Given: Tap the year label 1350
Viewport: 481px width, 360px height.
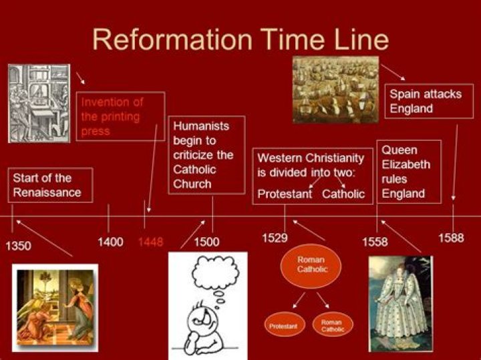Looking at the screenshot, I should click(18, 246).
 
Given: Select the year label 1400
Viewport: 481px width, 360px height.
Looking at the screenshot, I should click(110, 242).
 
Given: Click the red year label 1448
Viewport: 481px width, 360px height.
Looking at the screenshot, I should click(150, 242).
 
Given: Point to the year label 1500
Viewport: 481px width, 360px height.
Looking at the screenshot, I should click(206, 242).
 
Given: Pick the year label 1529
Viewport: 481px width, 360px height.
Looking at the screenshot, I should click(275, 237).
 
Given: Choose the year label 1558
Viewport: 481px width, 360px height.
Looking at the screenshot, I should click(375, 242).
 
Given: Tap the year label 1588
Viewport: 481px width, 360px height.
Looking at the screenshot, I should click(451, 238).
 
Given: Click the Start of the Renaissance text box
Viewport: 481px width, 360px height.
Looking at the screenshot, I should click(51, 185).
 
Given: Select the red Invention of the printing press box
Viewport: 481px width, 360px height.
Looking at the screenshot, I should click(120, 116).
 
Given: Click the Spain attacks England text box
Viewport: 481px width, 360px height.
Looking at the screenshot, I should click(428, 101).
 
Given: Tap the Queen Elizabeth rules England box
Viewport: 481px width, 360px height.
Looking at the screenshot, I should click(408, 172).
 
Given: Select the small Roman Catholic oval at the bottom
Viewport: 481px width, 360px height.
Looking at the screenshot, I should click(331, 325).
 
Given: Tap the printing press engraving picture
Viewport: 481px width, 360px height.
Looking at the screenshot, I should click(39, 103).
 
